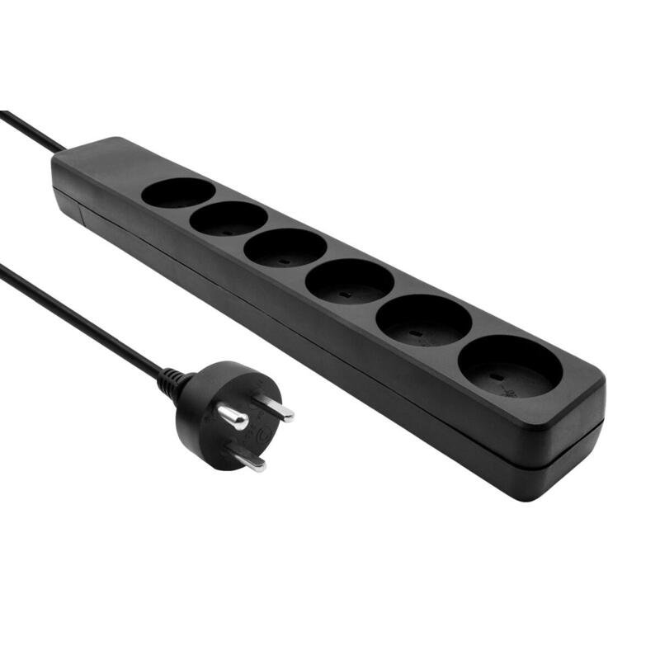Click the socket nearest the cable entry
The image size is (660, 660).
(177, 193)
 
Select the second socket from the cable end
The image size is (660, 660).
(228, 219)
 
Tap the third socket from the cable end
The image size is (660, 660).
(285, 247)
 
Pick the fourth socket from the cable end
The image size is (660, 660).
(349, 281)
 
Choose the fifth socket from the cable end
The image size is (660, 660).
(423, 320)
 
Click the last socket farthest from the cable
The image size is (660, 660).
(510, 366)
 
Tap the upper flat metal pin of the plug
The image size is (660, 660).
(274, 406)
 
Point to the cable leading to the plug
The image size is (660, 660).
(82, 322)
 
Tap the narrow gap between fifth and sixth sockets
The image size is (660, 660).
(464, 338)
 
